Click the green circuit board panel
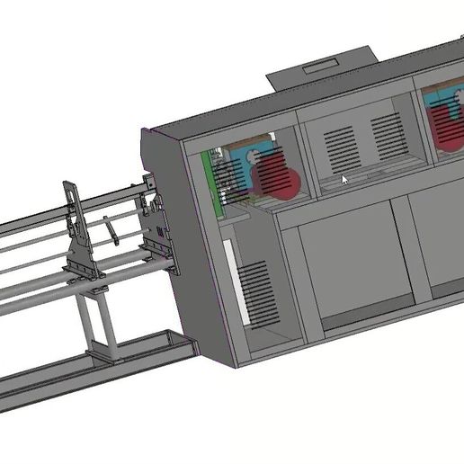[x=215, y=180]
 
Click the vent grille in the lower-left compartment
[x=257, y=292]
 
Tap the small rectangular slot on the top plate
[x=320, y=66]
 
